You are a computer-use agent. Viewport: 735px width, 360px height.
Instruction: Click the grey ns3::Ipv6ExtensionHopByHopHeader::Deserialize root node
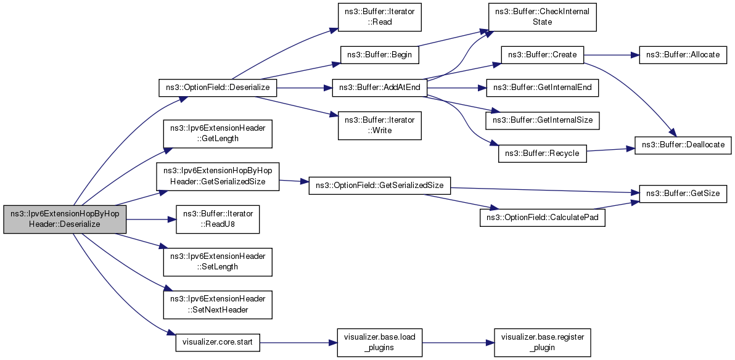click(65, 219)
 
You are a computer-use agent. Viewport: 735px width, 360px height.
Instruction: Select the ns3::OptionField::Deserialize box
click(218, 87)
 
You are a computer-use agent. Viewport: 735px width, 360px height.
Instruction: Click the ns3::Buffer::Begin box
click(379, 54)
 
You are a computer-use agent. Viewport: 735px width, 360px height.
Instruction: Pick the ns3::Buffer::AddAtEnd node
click(379, 87)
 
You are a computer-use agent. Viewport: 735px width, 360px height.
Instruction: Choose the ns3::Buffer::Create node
click(543, 54)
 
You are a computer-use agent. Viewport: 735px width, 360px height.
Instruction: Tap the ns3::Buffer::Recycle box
click(543, 153)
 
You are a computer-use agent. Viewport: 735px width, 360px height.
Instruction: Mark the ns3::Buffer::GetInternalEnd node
click(543, 87)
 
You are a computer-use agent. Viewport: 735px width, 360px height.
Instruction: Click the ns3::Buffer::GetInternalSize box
click(543, 120)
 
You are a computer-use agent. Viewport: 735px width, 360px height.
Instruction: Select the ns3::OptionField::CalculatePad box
click(543, 218)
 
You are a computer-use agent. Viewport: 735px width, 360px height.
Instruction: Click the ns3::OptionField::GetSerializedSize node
click(379, 186)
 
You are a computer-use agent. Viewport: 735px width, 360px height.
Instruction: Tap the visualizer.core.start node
click(218, 342)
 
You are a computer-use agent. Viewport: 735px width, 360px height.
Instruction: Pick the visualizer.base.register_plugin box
click(543, 342)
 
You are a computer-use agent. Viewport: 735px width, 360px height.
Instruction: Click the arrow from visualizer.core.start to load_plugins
click(298, 343)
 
